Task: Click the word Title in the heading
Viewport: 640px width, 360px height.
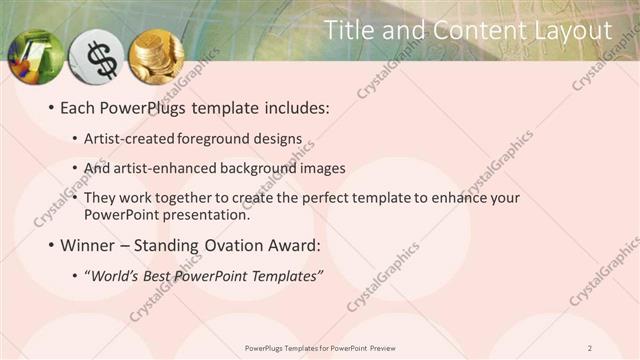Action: click(349, 31)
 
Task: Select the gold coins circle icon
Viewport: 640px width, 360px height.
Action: click(157, 57)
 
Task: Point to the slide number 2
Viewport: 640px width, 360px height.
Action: click(617, 348)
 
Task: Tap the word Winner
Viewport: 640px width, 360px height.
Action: click(89, 245)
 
